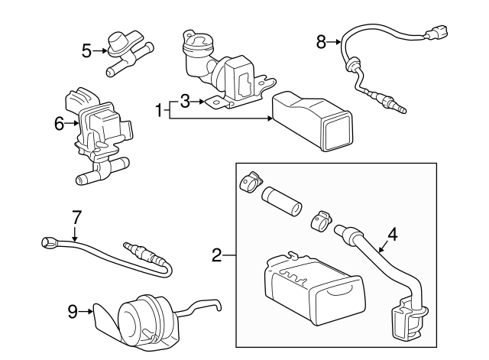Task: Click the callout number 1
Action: pyautogui.click(x=160, y=111)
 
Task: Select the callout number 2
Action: pyautogui.click(x=217, y=255)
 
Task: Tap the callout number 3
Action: pyautogui.click(x=184, y=100)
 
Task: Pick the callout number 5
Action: pyautogui.click(x=86, y=50)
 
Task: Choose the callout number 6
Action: pyautogui.click(x=59, y=122)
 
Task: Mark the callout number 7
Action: pyautogui.click(x=76, y=217)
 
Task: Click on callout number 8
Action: pyautogui.click(x=321, y=42)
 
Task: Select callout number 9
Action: pyautogui.click(x=73, y=311)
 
